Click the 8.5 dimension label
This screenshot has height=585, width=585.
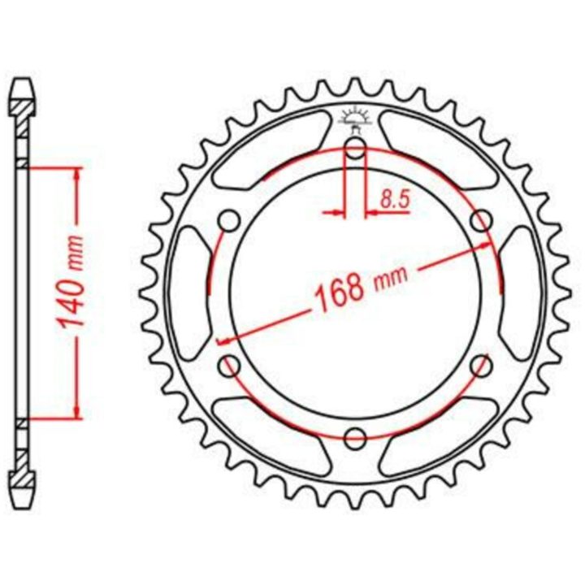(395, 200)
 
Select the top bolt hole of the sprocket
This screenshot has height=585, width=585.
(355, 148)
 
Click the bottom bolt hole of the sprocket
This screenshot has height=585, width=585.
(355, 439)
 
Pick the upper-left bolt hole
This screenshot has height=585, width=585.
(229, 220)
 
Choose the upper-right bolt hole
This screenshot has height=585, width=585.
(481, 220)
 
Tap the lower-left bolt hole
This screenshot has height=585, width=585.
(229, 366)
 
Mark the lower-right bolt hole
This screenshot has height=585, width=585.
(481, 366)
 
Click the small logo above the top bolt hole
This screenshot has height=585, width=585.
(355, 119)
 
